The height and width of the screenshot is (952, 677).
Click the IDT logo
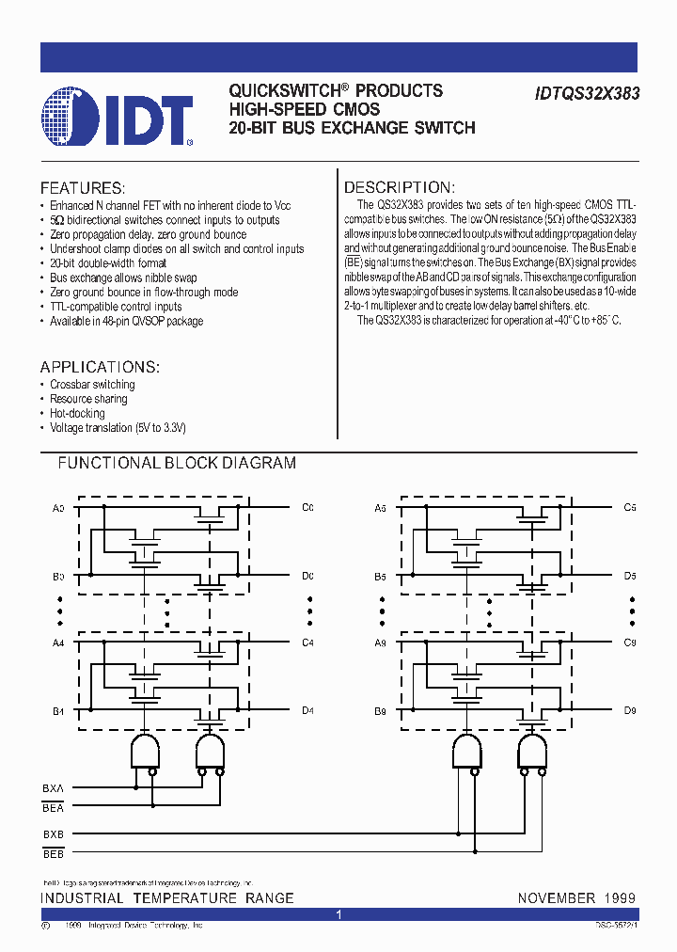[118, 117]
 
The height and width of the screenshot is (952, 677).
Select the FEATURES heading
[83, 188]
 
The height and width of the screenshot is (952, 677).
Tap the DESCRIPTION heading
[399, 188]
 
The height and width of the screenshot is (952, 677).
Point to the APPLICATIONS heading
[100, 367]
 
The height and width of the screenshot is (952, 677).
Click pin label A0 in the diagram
[58, 508]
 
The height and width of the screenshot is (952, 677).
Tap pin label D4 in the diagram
[307, 710]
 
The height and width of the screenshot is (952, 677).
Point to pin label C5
[630, 508]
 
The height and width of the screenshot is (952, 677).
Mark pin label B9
[380, 710]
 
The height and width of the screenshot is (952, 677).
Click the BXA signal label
[53, 787]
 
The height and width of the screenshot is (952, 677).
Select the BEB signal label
[53, 853]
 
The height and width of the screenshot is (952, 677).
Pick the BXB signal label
[53, 834]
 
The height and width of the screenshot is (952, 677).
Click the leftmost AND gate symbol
[144, 752]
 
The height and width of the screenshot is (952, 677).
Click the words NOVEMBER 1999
[576, 898]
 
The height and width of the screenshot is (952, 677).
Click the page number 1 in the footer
[338, 914]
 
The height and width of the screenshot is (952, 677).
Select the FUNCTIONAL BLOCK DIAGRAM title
[177, 463]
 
